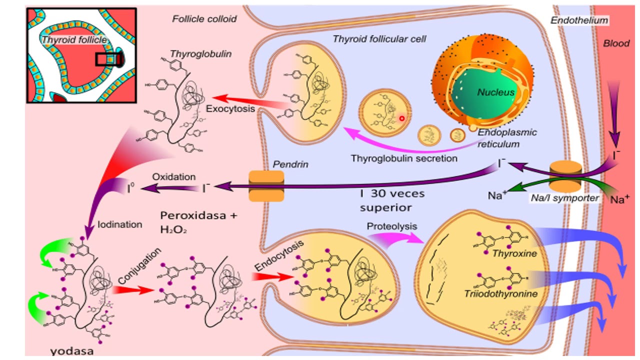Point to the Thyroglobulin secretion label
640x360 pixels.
point(404,158)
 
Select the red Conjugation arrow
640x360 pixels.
point(132,289)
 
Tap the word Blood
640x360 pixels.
point(616,43)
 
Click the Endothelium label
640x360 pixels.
point(579,20)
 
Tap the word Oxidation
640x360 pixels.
point(174,177)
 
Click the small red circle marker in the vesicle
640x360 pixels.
point(401,118)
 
